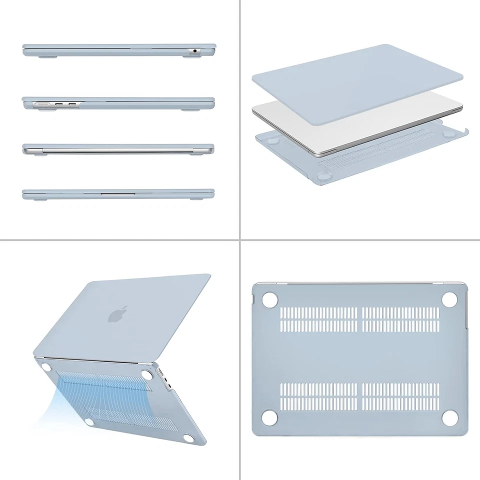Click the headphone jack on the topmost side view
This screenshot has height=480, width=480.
tap(194, 51)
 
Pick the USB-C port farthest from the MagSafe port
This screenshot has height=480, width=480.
tap(72, 104)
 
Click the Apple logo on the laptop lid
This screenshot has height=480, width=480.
tap(117, 313)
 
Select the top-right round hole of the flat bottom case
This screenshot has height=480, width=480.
tap(449, 299)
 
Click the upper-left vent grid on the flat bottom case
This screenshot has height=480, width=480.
tap(319, 319)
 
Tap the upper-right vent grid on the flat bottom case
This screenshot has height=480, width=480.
tap(400, 319)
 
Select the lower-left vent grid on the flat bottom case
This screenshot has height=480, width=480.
tap(319, 396)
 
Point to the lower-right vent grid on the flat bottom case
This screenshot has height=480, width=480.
tap(400, 396)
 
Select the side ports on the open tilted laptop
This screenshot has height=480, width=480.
tap(165, 382)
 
